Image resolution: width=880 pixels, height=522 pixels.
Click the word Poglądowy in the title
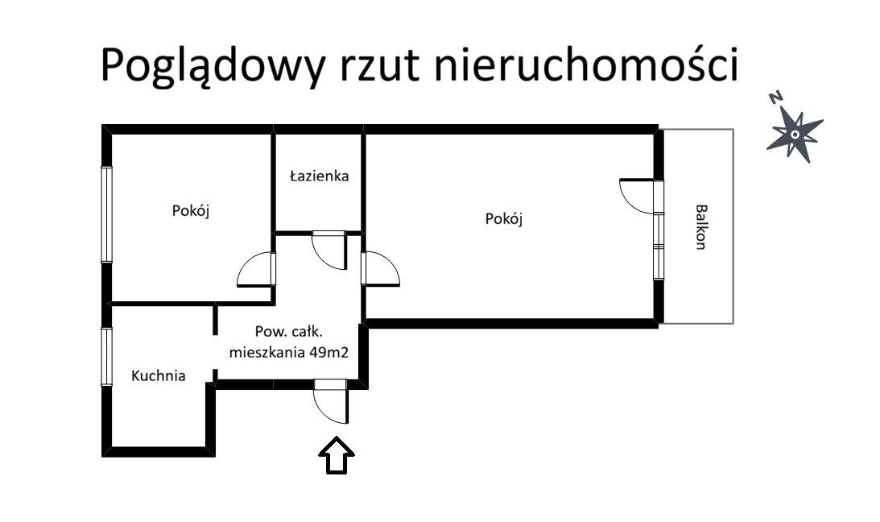pyautogui.click(x=213, y=66)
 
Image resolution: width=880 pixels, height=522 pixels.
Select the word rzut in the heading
pyautogui.click(x=379, y=65)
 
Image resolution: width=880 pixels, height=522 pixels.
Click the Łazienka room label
pyautogui.click(x=320, y=176)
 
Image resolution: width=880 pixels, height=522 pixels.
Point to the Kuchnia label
pyautogui.click(x=159, y=375)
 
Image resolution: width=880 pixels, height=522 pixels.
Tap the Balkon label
pyautogui.click(x=700, y=226)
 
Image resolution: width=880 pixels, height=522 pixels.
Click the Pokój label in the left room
pyautogui.click(x=191, y=211)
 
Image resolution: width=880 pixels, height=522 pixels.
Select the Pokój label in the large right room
pyautogui.click(x=504, y=218)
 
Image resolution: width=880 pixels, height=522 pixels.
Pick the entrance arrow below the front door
pyautogui.click(x=337, y=455)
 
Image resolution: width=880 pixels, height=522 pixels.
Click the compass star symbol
pyautogui.click(x=795, y=135)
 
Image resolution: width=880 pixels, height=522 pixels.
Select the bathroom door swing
pyautogui.click(x=328, y=251)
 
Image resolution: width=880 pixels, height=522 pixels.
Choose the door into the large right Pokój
pyautogui.click(x=381, y=269)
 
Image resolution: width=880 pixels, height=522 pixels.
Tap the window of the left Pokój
pyautogui.click(x=106, y=214)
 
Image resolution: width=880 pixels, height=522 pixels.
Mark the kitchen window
pyautogui.click(x=106, y=356)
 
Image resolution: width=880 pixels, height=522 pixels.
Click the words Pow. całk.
pyautogui.click(x=288, y=332)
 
